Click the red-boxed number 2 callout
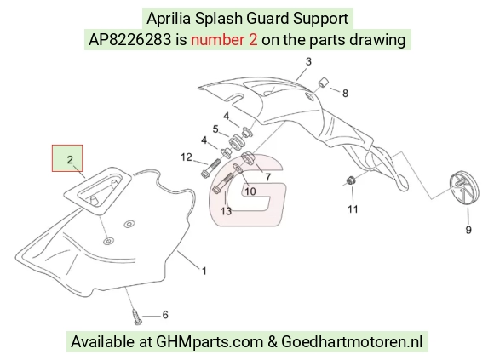click(x=70, y=159)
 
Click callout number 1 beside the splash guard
click(x=204, y=271)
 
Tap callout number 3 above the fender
click(x=308, y=61)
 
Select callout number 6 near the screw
click(x=165, y=315)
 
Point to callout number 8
click(x=345, y=93)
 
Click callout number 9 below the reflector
click(x=468, y=230)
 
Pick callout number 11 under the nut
click(x=353, y=209)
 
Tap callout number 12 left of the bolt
click(x=187, y=157)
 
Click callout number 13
click(x=227, y=211)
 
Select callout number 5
click(x=215, y=129)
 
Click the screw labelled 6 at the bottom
click(x=137, y=317)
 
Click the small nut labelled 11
click(x=350, y=181)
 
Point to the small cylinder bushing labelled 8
click(x=323, y=83)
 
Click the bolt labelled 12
click(x=210, y=168)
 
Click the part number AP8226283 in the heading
click(x=129, y=40)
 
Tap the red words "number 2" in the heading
click(x=224, y=40)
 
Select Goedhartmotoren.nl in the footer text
click(x=352, y=342)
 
